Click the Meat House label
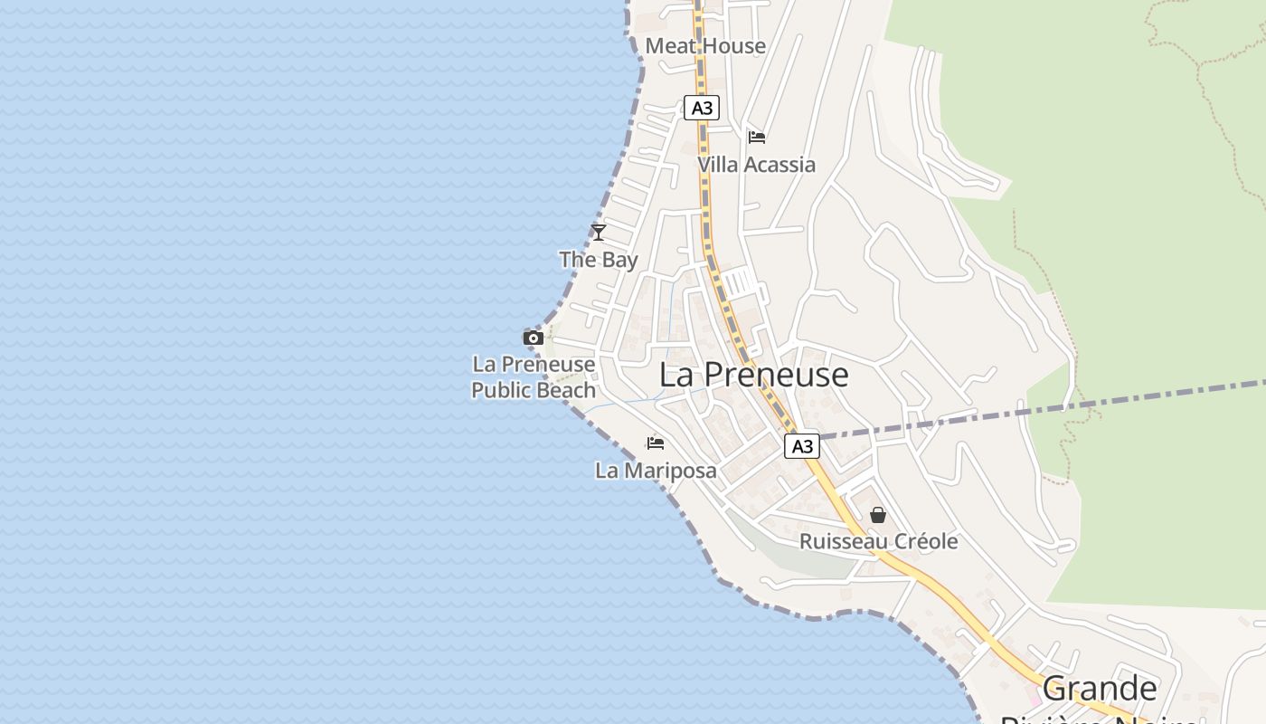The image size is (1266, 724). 705,46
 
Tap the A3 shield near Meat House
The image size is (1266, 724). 701,109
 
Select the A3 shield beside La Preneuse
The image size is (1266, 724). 801,446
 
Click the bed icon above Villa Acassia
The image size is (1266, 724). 757,138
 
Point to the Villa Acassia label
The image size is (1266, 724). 756,165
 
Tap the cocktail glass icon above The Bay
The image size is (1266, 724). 598,233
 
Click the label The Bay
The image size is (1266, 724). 599,260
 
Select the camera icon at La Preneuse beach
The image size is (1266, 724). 534,338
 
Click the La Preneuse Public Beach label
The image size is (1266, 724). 534,377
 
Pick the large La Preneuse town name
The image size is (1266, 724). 753,375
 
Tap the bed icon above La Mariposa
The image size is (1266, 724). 656,443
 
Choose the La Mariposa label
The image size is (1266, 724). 656,471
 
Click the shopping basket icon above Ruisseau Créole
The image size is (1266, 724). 877,515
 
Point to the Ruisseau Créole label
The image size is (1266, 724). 878,541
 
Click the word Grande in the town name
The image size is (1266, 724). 1099,690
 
